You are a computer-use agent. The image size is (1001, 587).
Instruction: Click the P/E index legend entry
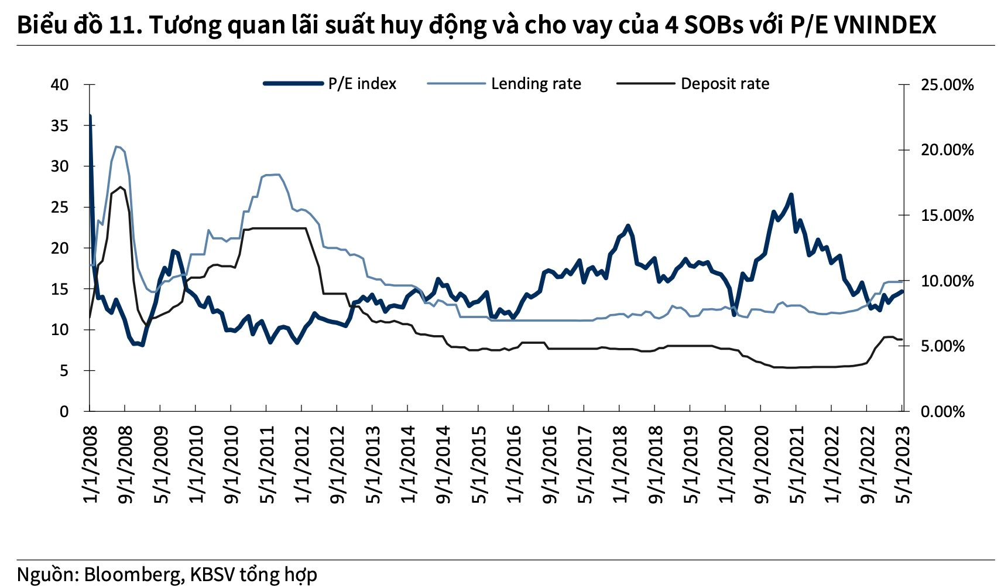point(362,84)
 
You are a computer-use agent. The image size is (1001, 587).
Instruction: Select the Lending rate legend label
point(536,84)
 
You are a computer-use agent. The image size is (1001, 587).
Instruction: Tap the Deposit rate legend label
point(725,84)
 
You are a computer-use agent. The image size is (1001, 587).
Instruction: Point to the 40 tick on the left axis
point(60,85)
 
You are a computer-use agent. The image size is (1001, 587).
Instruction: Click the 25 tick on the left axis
point(60,207)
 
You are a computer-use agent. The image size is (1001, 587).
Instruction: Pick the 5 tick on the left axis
point(64,371)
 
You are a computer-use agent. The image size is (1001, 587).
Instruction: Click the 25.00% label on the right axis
point(947,85)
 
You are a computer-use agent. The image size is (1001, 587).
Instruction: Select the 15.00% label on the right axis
point(947,216)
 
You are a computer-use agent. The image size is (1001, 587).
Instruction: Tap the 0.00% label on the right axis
point(942,412)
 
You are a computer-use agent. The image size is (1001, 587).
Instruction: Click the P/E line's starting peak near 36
point(90,116)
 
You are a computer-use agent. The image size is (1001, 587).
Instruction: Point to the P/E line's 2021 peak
point(791,195)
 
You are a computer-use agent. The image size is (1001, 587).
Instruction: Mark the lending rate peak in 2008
point(117,146)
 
